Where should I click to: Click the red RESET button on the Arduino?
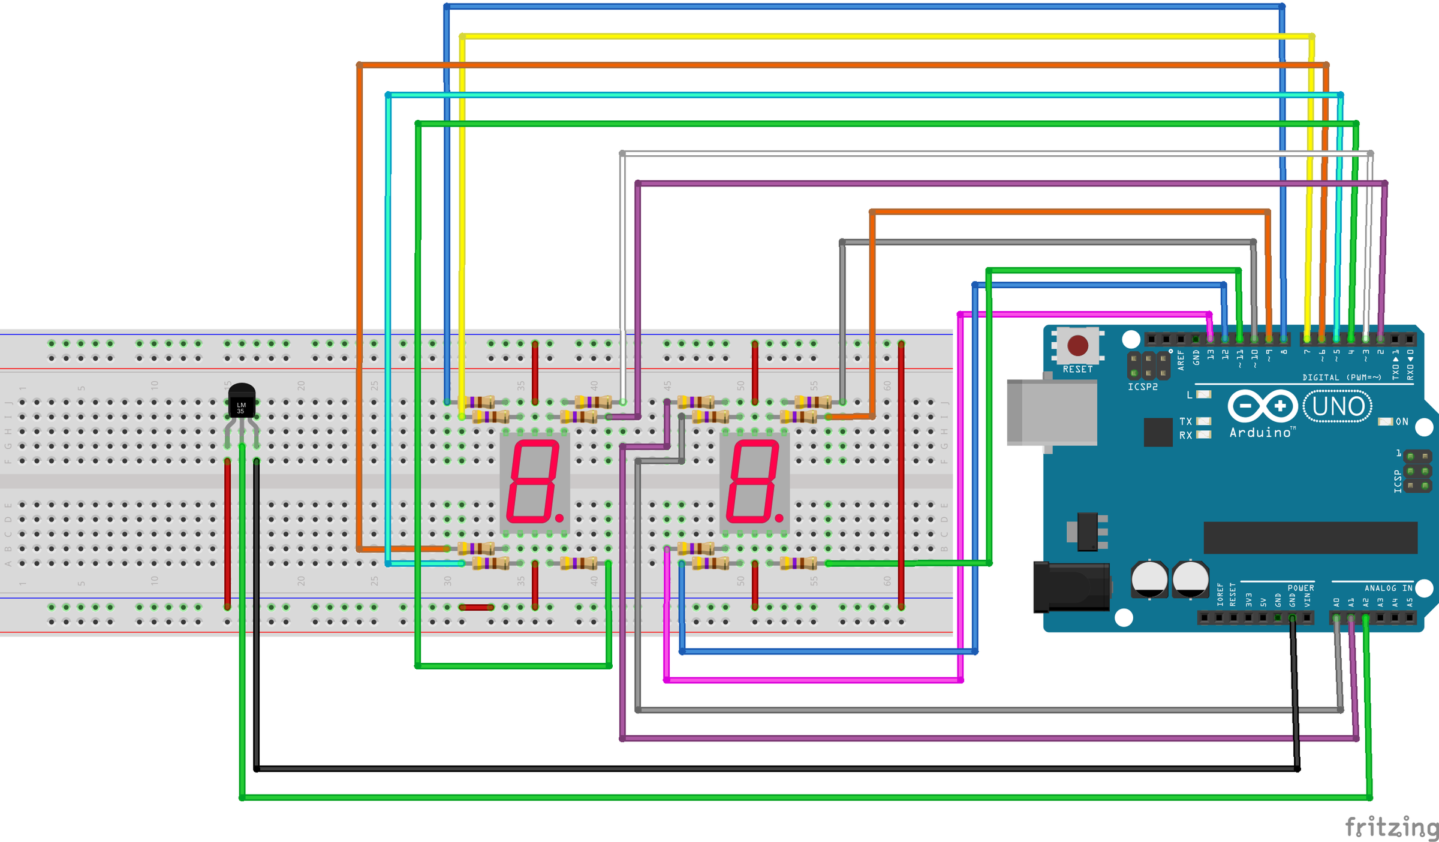[x=1077, y=345]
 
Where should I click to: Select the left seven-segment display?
[x=534, y=482]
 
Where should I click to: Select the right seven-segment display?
[x=754, y=482]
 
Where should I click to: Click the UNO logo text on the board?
[x=1338, y=406]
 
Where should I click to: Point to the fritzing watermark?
[x=1391, y=827]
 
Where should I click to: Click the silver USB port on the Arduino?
[x=1052, y=412]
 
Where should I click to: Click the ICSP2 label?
[x=1143, y=387]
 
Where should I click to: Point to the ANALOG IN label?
[x=1389, y=588]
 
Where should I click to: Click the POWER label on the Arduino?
[x=1300, y=588]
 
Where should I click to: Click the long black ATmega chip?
[x=1310, y=538]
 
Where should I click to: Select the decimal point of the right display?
[x=779, y=518]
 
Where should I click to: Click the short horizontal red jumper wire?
[x=476, y=607]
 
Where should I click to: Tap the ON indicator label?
[x=1402, y=422]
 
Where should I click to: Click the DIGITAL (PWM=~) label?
[x=1342, y=378]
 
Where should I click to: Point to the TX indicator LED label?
[x=1185, y=421]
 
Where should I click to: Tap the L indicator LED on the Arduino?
[x=1204, y=394]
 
